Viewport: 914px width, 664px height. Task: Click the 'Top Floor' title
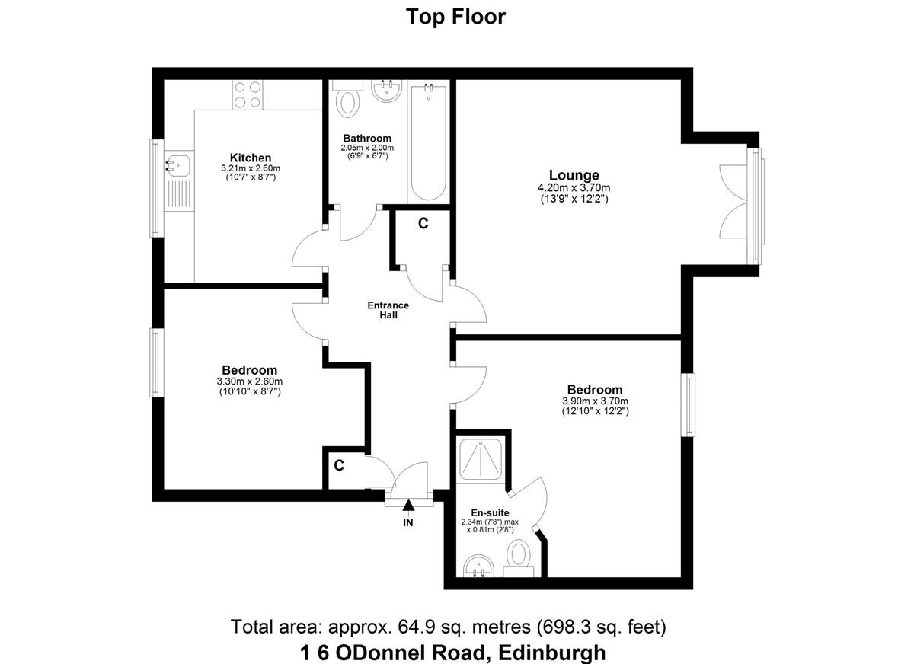[455, 17]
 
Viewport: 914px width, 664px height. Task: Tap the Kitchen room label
[251, 158]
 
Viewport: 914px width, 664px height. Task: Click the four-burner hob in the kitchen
[248, 94]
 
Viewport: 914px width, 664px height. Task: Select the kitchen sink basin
[179, 165]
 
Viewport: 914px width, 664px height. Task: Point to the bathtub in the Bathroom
[428, 142]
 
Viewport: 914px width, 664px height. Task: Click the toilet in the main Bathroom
[347, 99]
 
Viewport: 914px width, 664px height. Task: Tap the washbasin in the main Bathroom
[386, 91]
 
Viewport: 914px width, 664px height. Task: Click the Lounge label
[574, 175]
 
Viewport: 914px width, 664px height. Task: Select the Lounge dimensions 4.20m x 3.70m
[574, 188]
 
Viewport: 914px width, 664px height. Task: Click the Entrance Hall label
[388, 310]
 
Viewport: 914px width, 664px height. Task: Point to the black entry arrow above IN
[408, 505]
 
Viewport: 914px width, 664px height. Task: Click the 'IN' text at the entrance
[408, 522]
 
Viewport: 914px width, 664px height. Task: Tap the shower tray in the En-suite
[481, 459]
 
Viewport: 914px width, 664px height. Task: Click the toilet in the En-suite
[519, 558]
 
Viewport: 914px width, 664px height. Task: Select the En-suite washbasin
[478, 566]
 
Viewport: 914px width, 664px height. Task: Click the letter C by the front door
[339, 465]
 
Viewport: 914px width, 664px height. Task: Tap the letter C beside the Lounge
[423, 224]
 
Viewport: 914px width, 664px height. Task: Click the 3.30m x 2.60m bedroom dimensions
[250, 381]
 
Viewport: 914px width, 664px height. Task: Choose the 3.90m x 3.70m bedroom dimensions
[596, 401]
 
